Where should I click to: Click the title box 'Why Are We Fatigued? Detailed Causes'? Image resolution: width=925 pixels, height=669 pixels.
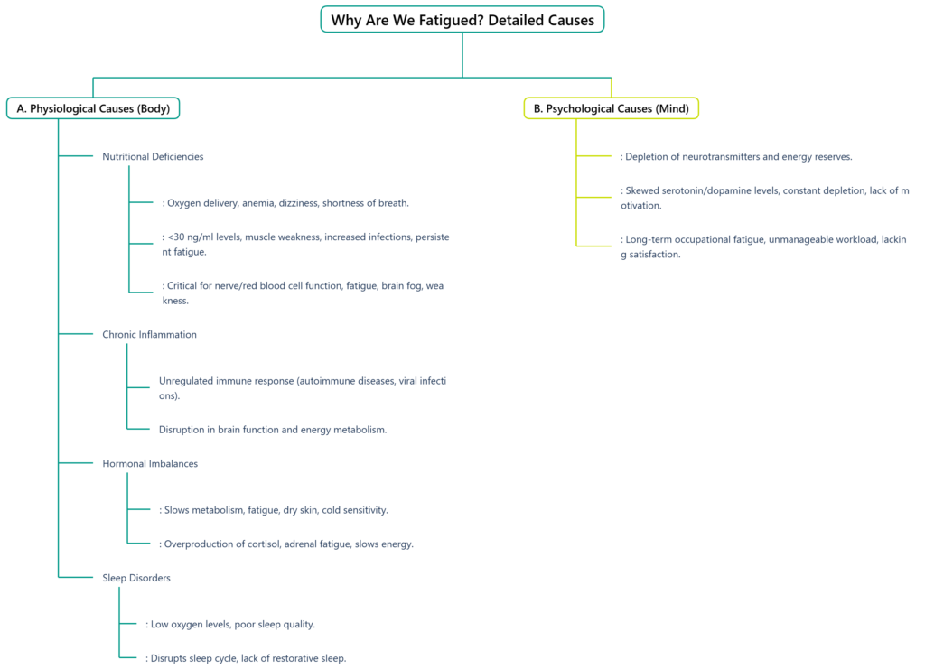462,20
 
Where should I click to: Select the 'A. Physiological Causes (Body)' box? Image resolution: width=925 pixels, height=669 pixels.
93,108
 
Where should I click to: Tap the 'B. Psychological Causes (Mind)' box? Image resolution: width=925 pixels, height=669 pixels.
612,108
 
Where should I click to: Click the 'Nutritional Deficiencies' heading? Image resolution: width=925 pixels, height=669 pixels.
153,157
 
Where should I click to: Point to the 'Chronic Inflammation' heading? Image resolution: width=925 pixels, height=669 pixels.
149,335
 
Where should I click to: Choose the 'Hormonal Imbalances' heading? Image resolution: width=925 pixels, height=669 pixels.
150,464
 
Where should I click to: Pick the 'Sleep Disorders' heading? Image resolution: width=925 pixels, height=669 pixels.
136,578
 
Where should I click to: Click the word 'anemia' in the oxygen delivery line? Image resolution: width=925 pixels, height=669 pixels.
257,203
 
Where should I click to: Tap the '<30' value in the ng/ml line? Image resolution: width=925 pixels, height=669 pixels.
176,237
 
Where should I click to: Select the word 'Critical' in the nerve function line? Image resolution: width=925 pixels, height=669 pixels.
182,286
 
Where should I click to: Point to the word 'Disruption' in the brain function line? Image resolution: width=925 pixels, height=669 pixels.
181,431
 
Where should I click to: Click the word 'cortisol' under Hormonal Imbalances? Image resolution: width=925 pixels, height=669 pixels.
264,544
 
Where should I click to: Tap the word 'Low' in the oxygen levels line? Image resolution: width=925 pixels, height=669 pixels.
159,625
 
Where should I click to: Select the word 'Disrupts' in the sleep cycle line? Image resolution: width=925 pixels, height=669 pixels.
169,659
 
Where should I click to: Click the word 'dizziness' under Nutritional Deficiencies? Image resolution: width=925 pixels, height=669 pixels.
299,203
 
